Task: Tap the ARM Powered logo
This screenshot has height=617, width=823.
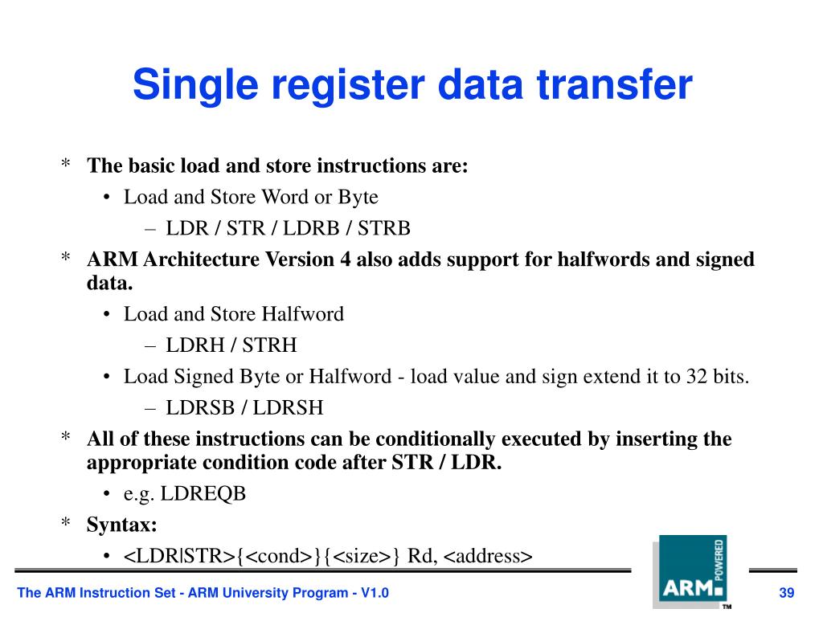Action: pyautogui.click(x=690, y=571)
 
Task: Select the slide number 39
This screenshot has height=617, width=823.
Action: pyautogui.click(x=787, y=594)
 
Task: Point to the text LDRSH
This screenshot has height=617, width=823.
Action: pyautogui.click(x=289, y=408)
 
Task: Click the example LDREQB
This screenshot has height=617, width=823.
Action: pyautogui.click(x=203, y=493)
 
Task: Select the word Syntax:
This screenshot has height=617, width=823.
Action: pyautogui.click(x=122, y=525)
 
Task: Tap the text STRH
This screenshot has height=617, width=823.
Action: pyautogui.click(x=269, y=345)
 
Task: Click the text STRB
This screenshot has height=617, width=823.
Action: pyautogui.click(x=384, y=229)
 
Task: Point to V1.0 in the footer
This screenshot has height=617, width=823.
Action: pyautogui.click(x=375, y=594)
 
